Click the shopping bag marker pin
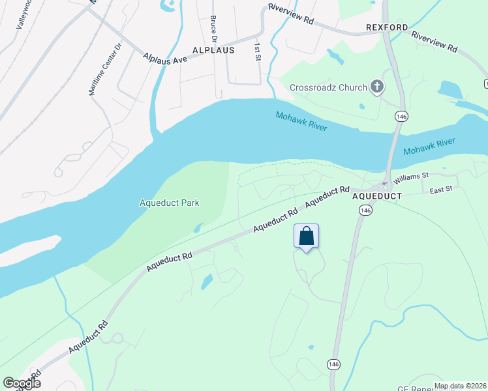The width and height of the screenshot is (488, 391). click(307, 237)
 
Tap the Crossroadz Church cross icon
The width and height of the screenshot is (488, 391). click(377, 87)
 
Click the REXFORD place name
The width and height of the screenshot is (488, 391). click(387, 27)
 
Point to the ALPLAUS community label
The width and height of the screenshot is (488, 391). click(213, 50)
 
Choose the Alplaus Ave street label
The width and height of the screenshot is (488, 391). click(166, 58)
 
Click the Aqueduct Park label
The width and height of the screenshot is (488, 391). click(170, 203)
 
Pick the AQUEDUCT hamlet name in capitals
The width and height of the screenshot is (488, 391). click(375, 195)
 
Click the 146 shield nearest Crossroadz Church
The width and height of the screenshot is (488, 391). click(401, 115)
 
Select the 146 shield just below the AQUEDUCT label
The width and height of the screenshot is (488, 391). click(365, 210)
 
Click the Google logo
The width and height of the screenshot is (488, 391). click(22, 383)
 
